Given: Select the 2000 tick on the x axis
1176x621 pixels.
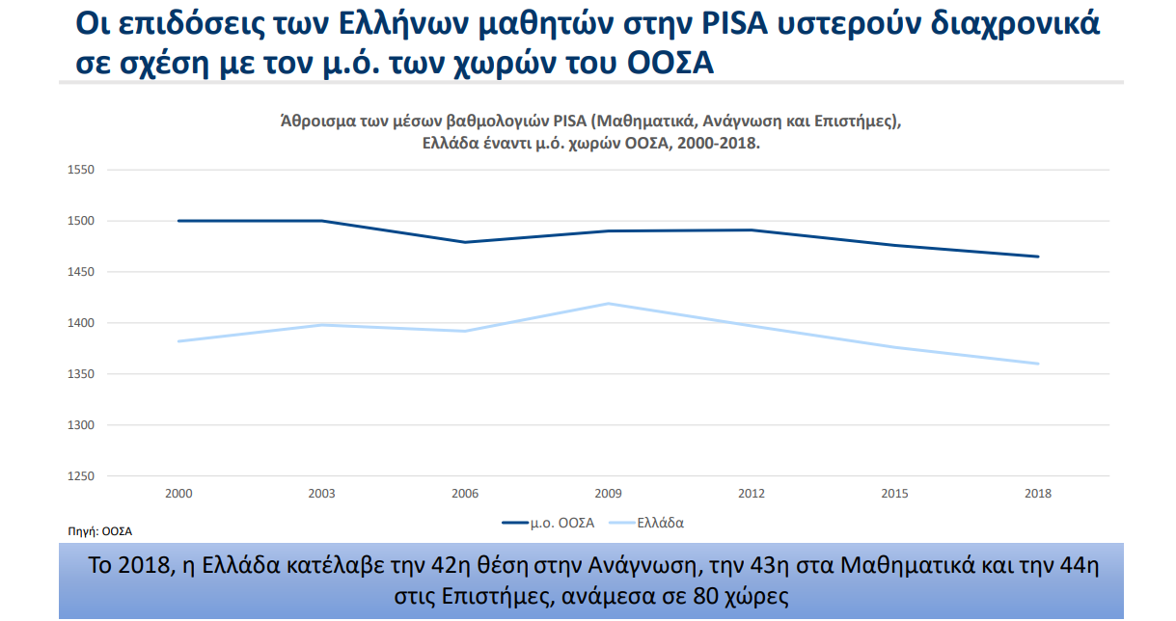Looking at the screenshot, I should tap(178, 494).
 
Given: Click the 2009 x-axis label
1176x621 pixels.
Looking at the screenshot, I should tap(608, 494).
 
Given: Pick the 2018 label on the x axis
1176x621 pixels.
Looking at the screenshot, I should tap(1038, 494).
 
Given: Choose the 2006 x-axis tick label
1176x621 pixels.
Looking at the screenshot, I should tap(465, 494).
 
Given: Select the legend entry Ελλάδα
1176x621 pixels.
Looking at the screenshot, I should tap(660, 523).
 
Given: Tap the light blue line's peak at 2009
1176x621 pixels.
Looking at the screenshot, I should tap(608, 304).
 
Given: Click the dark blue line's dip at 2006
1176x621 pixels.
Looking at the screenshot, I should tap(465, 242).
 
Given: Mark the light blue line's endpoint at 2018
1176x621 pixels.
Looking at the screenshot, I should tap(1038, 364).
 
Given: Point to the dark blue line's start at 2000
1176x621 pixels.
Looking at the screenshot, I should tap(179, 221).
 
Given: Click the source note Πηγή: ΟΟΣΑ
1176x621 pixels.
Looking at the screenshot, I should tap(99, 531).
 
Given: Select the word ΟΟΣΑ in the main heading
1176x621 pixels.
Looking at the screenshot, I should tap(670, 64).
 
